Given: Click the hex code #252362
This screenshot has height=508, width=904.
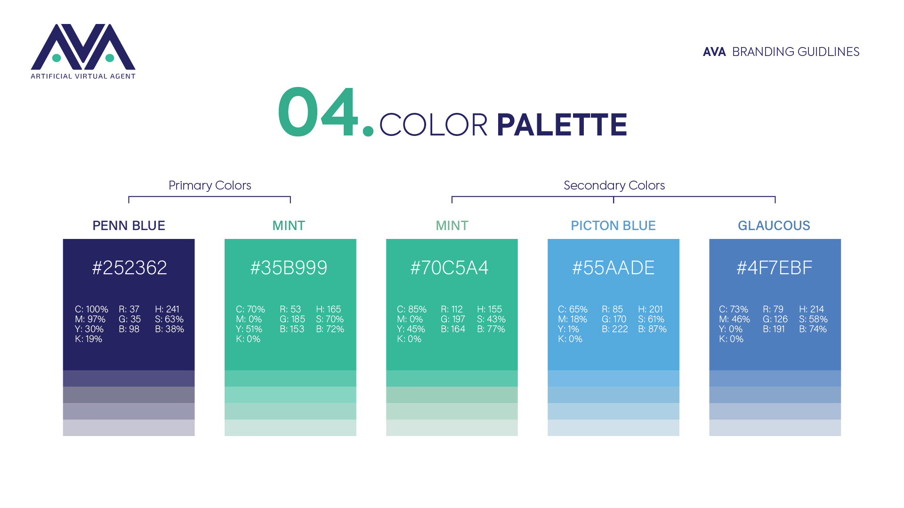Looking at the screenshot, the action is coord(129,268).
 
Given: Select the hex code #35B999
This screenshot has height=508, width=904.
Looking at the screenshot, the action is coord(289,268).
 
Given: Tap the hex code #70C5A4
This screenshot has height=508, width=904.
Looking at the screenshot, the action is coord(450,268).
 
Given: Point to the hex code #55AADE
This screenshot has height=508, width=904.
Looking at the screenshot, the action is coord(613,268).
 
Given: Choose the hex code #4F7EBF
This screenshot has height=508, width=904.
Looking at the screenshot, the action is coord(775,268).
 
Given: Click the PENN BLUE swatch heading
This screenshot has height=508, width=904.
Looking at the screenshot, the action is coord(129,226).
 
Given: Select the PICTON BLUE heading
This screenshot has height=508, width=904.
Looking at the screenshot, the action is coord(613,226).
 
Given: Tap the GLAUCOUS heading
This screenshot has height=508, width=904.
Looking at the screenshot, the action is coord(774,226).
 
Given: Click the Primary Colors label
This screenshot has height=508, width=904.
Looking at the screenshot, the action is coord(210,185).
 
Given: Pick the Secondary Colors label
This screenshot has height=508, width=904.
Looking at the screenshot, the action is coord(614,185).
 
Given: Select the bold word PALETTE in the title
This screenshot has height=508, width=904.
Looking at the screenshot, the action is coord(562,125).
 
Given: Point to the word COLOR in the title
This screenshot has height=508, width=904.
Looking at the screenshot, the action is coord(433,125).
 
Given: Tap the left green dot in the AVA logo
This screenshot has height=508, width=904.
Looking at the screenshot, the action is coord(56,58).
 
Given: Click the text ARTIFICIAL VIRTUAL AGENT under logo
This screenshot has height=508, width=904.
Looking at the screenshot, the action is coord(83,76).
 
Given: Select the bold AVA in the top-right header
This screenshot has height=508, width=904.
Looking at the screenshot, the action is coord(714,52).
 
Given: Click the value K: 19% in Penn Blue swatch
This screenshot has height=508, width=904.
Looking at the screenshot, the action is coord(89,339).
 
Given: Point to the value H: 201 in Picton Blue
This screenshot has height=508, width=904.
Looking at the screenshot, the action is coord(650,310).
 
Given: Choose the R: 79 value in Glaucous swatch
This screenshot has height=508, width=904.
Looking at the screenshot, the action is coord(773,310).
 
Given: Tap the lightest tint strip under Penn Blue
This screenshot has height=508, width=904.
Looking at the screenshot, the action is coord(129,428).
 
